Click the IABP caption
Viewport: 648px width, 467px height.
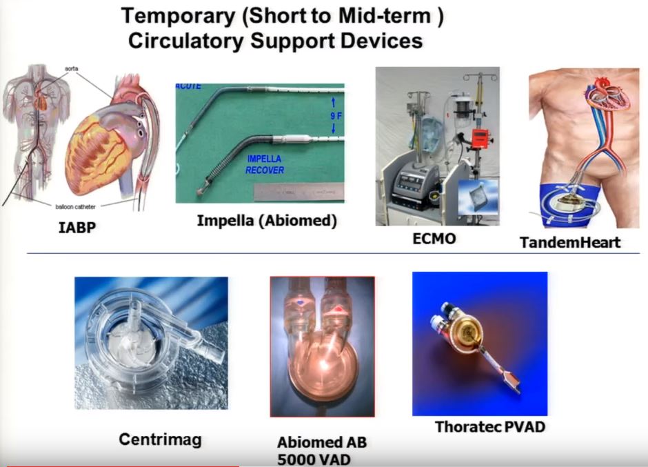(77, 228)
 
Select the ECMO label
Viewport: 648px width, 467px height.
(434, 239)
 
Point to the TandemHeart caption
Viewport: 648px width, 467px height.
(570, 242)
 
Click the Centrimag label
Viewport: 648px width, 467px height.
(161, 439)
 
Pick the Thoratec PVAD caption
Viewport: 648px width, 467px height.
(490, 426)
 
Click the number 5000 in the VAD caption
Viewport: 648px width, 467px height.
(296, 459)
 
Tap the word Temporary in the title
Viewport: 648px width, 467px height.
(178, 17)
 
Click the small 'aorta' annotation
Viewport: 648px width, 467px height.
(72, 69)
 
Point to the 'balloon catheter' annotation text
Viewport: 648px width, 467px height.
(75, 206)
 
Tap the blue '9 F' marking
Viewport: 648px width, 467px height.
(336, 116)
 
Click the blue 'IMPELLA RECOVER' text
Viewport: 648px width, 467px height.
(265, 164)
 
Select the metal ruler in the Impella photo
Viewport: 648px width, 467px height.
(298, 192)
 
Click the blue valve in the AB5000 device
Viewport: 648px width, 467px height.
(300, 303)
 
